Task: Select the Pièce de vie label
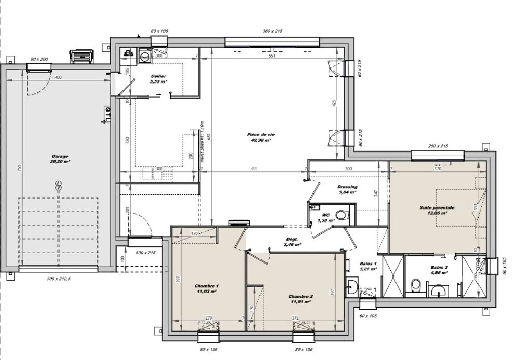(x=261, y=137)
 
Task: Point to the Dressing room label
(x=347, y=189)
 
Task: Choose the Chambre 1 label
(x=207, y=289)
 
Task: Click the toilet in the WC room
(x=341, y=214)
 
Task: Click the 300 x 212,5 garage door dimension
(x=58, y=279)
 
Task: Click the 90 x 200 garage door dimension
(x=39, y=59)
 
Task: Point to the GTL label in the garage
(x=107, y=115)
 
